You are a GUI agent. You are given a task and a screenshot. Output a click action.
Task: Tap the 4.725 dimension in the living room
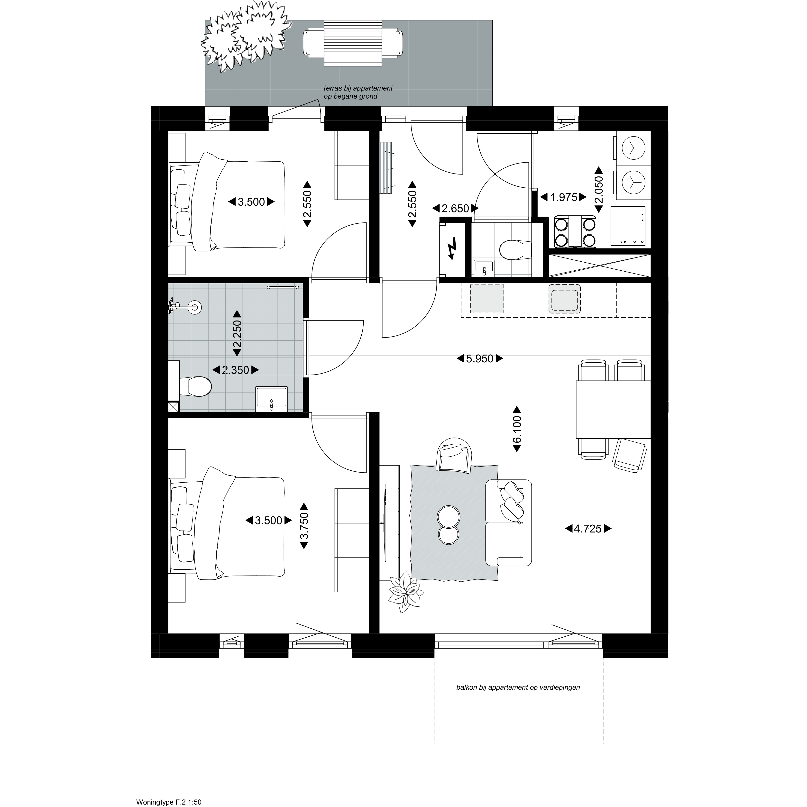coord(588,529)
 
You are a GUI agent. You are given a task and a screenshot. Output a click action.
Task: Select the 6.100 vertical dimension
coord(517,429)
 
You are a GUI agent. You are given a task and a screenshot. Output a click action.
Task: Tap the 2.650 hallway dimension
coord(455,208)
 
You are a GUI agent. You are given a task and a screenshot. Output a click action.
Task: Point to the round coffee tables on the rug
coord(449,525)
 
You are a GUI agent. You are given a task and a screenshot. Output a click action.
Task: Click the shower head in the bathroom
coord(194,307)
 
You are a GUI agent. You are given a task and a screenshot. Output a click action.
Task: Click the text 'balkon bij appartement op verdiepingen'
coord(518,687)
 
